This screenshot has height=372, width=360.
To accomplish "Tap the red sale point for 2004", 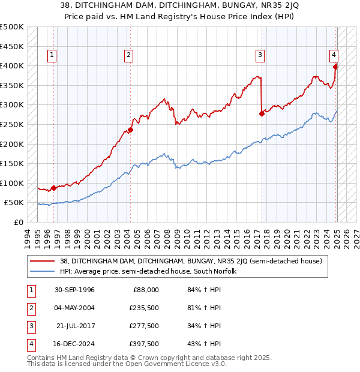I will pyautogui.click(x=130, y=130).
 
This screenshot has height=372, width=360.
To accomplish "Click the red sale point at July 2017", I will pyautogui.click(x=262, y=113).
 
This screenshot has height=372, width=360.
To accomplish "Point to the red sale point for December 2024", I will pyautogui.click(x=335, y=67).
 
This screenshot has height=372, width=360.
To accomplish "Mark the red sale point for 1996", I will pyautogui.click(x=53, y=188).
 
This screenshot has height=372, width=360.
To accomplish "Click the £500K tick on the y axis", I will pyautogui.click(x=12, y=27).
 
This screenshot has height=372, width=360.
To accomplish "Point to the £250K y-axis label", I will pyautogui.click(x=12, y=125).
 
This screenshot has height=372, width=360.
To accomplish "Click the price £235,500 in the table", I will pyautogui.click(x=144, y=308).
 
